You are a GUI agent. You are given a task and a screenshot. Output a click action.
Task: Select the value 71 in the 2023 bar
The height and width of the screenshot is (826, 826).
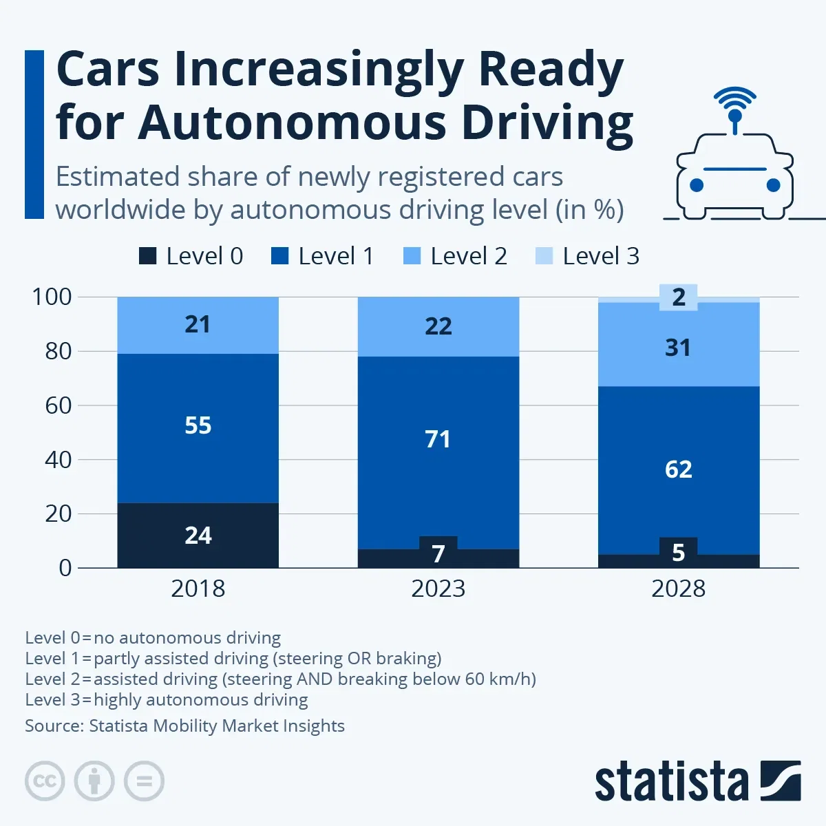(x=438, y=439)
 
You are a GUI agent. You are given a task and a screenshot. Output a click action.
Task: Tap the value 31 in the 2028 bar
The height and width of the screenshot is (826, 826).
(x=678, y=348)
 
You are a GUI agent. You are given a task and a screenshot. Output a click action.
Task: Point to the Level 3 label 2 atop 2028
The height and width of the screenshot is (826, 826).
(x=679, y=297)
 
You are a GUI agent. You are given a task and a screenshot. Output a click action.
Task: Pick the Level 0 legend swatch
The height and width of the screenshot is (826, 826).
(x=147, y=256)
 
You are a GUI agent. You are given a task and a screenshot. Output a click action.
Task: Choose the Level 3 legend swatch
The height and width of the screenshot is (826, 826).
(x=544, y=256)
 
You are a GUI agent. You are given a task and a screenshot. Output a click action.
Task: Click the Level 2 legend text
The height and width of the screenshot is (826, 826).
(x=468, y=256)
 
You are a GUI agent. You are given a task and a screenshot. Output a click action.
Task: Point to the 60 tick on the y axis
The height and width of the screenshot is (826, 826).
(x=59, y=405)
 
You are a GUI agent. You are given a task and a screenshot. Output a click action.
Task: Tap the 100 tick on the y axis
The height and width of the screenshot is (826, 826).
(x=52, y=297)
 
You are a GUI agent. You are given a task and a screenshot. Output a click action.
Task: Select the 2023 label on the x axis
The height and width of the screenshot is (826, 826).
(x=438, y=589)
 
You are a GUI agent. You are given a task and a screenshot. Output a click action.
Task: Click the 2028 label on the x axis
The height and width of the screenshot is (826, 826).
(x=678, y=589)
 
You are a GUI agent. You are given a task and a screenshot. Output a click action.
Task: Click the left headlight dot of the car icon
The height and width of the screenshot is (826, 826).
(x=697, y=184)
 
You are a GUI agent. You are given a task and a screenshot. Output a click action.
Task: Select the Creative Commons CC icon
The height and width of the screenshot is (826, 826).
(x=45, y=781)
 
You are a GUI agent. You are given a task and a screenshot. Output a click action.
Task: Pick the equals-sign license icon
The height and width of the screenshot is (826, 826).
(x=145, y=781)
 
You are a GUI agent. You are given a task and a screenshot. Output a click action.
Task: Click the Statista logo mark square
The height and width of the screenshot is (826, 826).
(x=781, y=781)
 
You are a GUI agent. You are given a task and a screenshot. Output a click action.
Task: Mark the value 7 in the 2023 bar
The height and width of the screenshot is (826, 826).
(x=438, y=553)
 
